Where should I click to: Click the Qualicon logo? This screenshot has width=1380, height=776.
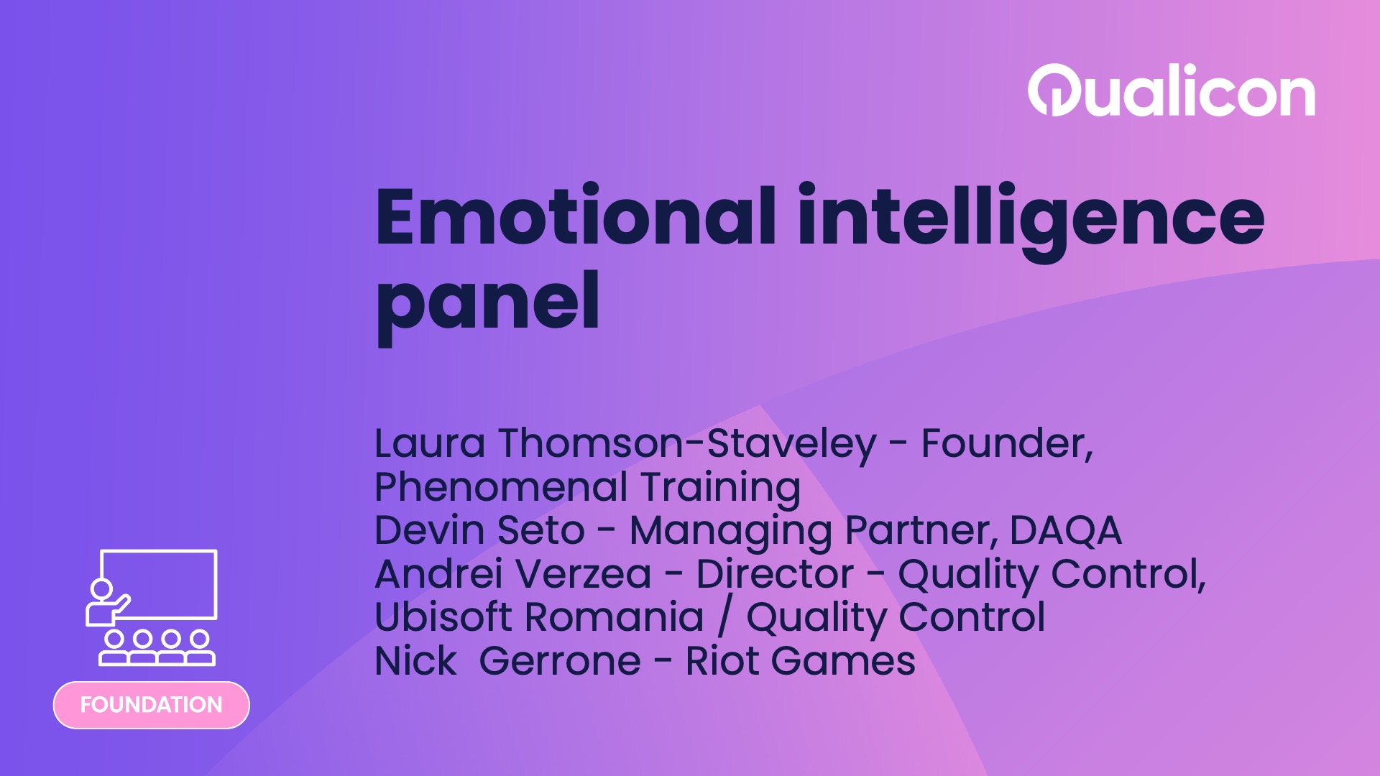pos(1171,91)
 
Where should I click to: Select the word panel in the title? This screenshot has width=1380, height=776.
pos(487,302)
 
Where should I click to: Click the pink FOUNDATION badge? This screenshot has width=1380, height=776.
pos(151,705)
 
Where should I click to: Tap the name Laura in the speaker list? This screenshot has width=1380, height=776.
pos(430,443)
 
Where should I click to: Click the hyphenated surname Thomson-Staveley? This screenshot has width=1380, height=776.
pos(686,443)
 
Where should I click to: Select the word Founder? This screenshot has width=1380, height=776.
pos(1005,443)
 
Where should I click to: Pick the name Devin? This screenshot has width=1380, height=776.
pos(429,531)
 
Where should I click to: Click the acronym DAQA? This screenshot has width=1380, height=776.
pos(1064,531)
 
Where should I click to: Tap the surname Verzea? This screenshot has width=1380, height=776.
pos(583,575)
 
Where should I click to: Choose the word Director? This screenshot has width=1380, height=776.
pos(774,575)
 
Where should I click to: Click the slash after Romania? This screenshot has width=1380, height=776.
pos(725,618)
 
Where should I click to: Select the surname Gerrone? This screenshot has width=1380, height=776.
pos(559,662)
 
